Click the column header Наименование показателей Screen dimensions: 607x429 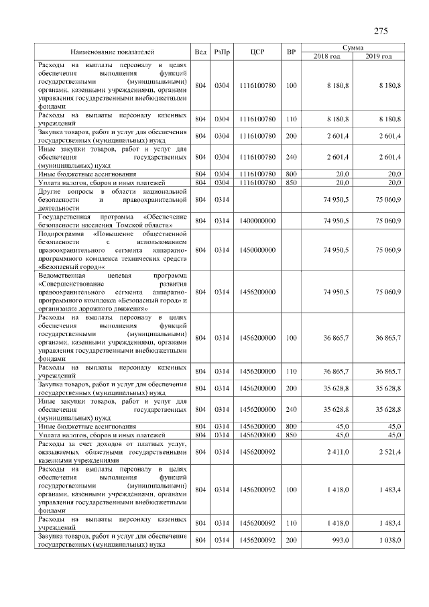[x=113, y=52]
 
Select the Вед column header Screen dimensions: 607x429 [x=200, y=52]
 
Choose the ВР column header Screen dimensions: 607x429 [x=291, y=52]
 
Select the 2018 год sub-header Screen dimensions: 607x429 [x=327, y=56]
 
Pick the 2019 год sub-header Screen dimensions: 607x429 [x=379, y=56]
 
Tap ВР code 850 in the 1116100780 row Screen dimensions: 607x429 [x=291, y=182]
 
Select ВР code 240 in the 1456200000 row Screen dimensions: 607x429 [x=291, y=408]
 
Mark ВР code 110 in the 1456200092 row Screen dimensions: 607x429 [x=291, y=522]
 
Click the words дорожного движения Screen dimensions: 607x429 [x=119, y=309]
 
